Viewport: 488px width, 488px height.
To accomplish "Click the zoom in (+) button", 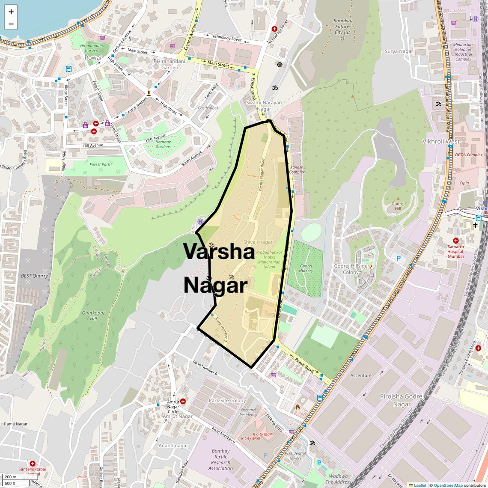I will pyautogui.click(x=11, y=12).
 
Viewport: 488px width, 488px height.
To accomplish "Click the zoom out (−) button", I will pyautogui.click(x=11, y=24).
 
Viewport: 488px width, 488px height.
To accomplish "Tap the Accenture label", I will pyautogui.click(x=361, y=375).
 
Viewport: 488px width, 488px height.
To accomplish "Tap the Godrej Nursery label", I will pyautogui.click(x=306, y=268).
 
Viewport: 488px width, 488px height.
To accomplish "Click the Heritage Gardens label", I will pyautogui.click(x=163, y=144).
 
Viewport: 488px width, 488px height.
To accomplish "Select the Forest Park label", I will pyautogui.click(x=100, y=164).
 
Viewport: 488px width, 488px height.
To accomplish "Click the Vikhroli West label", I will pyautogui.click(x=441, y=141).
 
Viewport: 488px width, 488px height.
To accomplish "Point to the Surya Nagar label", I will pyautogui.click(x=399, y=51).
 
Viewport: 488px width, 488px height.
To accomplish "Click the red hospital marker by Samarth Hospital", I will pyautogui.click(x=455, y=241).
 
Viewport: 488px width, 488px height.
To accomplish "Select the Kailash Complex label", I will pyautogui.click(x=297, y=170).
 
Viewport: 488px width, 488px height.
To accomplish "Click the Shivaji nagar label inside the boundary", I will pyautogui.click(x=258, y=242).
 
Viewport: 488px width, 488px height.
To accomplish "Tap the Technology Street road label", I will pyautogui.click(x=226, y=39).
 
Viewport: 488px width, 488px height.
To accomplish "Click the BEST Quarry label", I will pyautogui.click(x=34, y=276).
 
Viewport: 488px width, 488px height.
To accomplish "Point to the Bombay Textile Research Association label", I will pyautogui.click(x=220, y=460).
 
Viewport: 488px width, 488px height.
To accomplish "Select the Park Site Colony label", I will pyautogui.click(x=227, y=401).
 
